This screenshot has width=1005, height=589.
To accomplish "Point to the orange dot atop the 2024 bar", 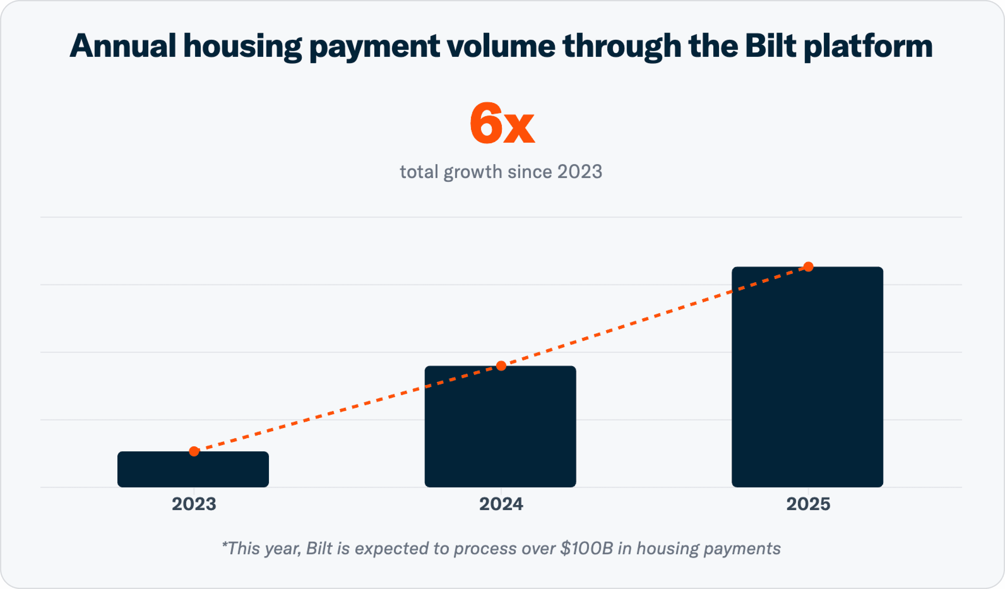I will pyautogui.click(x=501, y=366).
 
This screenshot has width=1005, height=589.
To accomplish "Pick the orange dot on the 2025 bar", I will pyautogui.click(x=808, y=267).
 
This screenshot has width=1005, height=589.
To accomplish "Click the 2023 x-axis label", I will pyautogui.click(x=194, y=504).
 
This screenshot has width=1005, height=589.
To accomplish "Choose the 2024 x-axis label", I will pyautogui.click(x=501, y=504).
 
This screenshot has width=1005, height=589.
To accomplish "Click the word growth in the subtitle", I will pyautogui.click(x=473, y=172).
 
